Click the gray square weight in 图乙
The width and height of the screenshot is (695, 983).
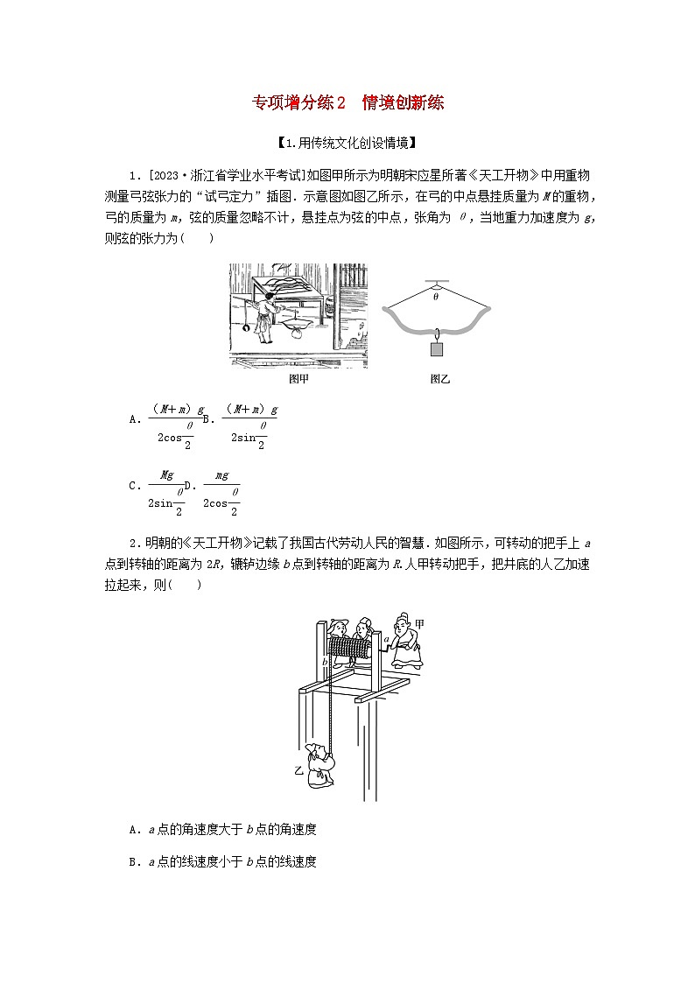(x=437, y=349)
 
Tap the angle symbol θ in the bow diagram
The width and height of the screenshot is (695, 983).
(x=436, y=297)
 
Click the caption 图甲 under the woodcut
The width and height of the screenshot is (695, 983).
(x=298, y=379)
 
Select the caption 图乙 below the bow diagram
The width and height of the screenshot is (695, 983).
(x=439, y=379)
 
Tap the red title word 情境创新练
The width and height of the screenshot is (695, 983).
(x=404, y=103)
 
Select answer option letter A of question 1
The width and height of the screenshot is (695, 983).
(x=133, y=419)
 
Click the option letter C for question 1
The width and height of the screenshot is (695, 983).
(x=133, y=485)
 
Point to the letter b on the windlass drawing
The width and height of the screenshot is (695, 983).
(x=324, y=663)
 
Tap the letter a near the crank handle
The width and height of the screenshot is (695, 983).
(x=385, y=640)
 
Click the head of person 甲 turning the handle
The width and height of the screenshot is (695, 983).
(x=404, y=624)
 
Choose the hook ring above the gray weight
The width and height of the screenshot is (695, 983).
(x=436, y=333)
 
